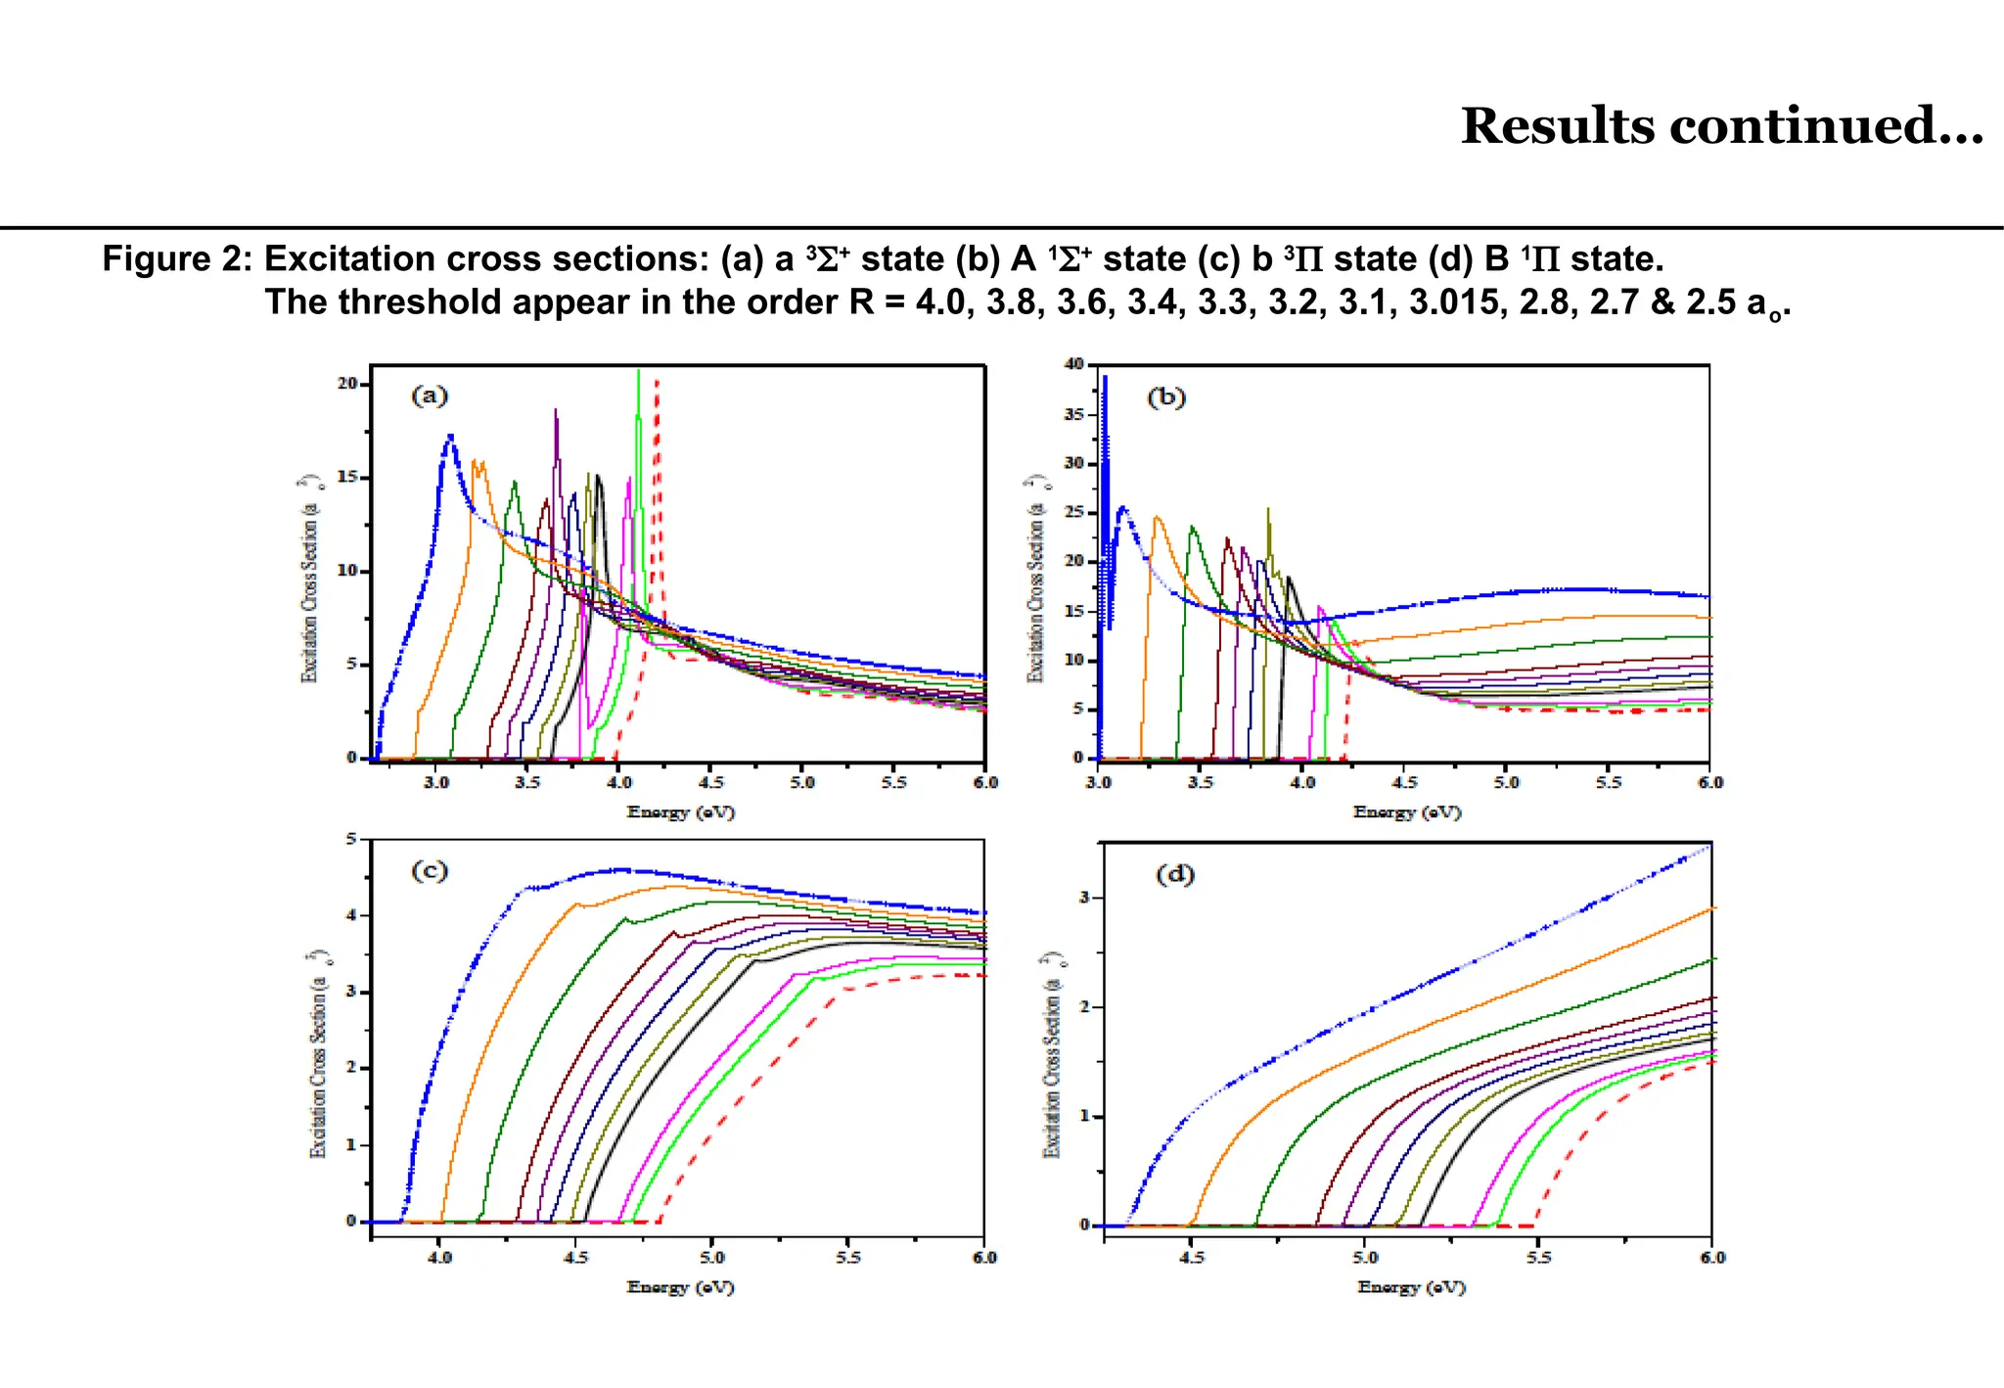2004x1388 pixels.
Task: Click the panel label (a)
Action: pyautogui.click(x=430, y=395)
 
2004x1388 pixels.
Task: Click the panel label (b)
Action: pyautogui.click(x=1165, y=396)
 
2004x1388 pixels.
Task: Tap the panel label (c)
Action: pyautogui.click(x=430, y=870)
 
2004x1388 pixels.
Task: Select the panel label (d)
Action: pyautogui.click(x=1175, y=874)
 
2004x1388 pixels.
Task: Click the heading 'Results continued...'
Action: pyautogui.click(x=1721, y=126)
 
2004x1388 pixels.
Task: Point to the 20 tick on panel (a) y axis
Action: pyautogui.click(x=347, y=384)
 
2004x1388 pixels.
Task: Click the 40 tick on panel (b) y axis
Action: pyautogui.click(x=1073, y=364)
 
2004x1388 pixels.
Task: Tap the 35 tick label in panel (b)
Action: pyautogui.click(x=1073, y=414)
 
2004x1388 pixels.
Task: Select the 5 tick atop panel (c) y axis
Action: pyautogui.click(x=351, y=839)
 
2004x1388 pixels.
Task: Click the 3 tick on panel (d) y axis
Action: pyautogui.click(x=1083, y=898)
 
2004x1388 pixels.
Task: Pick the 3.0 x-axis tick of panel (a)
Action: pyautogui.click(x=436, y=782)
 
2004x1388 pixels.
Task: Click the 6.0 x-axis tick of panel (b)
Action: pyautogui.click(x=1709, y=782)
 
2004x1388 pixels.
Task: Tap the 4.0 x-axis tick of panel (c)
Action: pyautogui.click(x=440, y=1257)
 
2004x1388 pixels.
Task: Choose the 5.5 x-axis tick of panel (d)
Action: pyautogui.click(x=1538, y=1257)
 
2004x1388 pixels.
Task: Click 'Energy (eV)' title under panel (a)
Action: pyautogui.click(x=681, y=811)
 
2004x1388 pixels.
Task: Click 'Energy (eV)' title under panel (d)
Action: pyautogui.click(x=1411, y=1287)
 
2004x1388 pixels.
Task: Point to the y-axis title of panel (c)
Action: pyautogui.click(x=318, y=1053)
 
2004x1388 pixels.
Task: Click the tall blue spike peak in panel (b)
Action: pyautogui.click(x=1105, y=378)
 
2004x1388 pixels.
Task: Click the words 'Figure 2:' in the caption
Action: pyautogui.click(x=177, y=259)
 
